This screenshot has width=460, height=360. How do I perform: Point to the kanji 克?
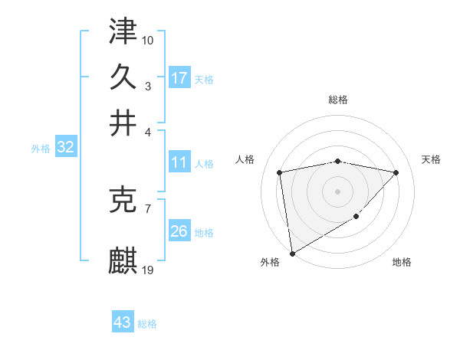(x=123, y=201)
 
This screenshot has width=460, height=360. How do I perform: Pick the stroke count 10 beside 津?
(x=148, y=39)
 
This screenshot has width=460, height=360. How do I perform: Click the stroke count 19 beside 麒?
(x=148, y=270)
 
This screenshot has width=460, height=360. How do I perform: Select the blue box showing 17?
(x=179, y=78)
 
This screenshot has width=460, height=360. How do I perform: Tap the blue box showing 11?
(x=179, y=162)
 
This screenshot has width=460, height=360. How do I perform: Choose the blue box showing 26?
(x=179, y=231)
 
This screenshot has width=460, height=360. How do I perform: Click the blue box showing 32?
(x=65, y=148)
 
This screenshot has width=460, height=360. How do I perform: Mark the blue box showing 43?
(x=123, y=322)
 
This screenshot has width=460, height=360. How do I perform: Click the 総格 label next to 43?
(x=147, y=324)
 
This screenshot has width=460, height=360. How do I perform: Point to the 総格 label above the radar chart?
(x=337, y=100)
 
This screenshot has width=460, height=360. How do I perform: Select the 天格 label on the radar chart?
(x=431, y=159)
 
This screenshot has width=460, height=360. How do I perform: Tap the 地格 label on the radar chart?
(x=402, y=262)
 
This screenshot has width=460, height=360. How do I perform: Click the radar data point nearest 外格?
(x=292, y=254)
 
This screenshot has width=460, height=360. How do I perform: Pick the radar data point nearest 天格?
(x=396, y=172)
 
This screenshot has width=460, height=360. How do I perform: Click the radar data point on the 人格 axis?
(x=280, y=172)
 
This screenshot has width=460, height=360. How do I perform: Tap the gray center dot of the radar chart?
(x=337, y=191)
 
